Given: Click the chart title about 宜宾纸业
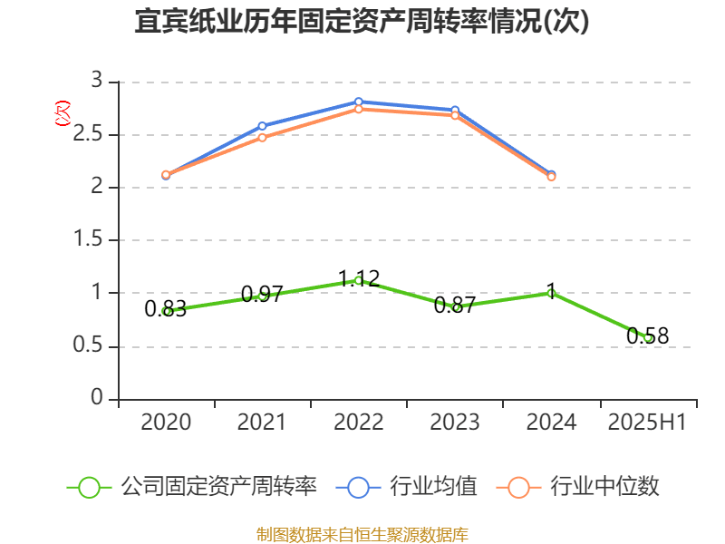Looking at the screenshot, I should point(362,22).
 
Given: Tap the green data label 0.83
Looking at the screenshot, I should point(166,309).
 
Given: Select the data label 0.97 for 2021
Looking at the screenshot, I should point(263,295).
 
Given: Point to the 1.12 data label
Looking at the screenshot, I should point(359,277).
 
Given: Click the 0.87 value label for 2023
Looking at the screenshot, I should point(455,306).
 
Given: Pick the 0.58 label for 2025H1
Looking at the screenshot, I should point(648,336).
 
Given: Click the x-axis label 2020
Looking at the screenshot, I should point(166,423).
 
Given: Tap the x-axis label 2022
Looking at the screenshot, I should point(359,423).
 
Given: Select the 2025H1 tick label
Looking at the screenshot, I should point(647,423).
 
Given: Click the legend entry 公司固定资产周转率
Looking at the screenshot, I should point(218,487).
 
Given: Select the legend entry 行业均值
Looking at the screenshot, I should point(432,487).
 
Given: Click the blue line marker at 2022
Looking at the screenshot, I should point(359,102).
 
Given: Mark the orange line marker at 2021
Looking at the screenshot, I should point(263,138).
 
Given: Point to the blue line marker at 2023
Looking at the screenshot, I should point(455,111).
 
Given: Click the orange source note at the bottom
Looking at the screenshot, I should point(362,534).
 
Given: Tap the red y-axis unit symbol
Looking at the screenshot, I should point(62,112).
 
